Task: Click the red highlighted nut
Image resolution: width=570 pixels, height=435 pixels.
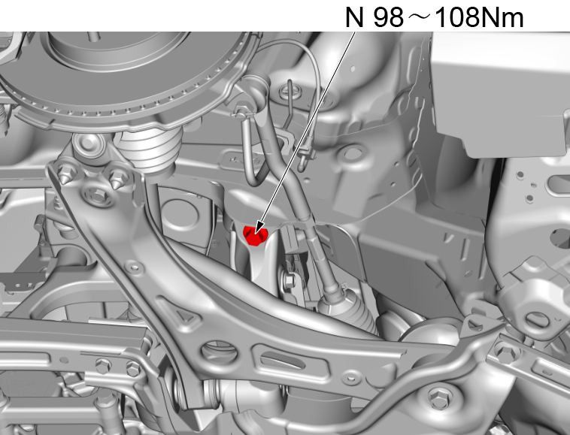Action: pyautogui.click(x=255, y=236)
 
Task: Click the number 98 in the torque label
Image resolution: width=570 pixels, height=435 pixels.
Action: pyautogui.click(x=388, y=17)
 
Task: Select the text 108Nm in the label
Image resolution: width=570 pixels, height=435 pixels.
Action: pyautogui.click(x=479, y=17)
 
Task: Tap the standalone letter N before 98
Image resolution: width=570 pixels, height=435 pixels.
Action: pyautogui.click(x=354, y=17)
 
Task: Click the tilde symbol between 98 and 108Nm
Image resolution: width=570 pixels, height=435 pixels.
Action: pyautogui.click(x=420, y=17)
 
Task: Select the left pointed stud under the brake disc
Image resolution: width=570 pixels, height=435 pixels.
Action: pyautogui.click(x=66, y=175)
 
